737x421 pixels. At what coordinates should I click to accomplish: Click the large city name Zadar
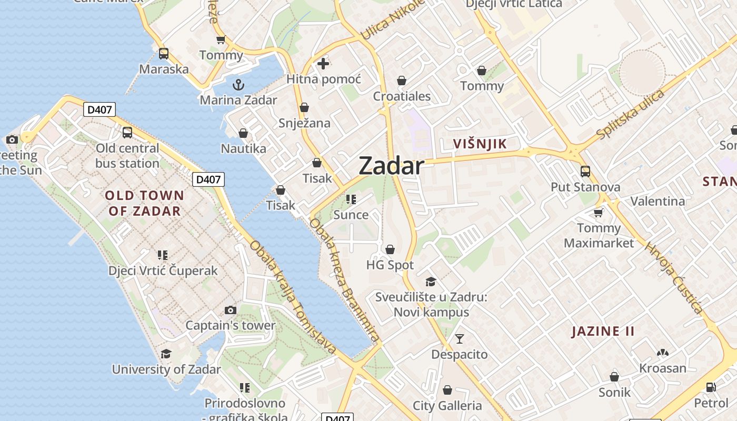pos(391,166)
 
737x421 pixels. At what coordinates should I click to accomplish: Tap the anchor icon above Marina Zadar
pos(238,84)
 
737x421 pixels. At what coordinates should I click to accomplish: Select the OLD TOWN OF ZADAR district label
pos(145,203)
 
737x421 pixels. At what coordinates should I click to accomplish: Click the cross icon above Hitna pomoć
pos(323,64)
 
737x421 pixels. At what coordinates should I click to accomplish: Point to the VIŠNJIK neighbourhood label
pos(480,144)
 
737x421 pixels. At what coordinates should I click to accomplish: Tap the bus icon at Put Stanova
pos(585,171)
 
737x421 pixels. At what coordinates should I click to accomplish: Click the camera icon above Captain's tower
pos(230,310)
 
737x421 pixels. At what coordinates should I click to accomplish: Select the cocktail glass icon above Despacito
pos(460,338)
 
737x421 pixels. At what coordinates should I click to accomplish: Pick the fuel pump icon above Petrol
pos(711,387)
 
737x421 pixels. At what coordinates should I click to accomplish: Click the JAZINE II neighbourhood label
pos(603,331)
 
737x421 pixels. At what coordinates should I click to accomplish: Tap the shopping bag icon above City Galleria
pos(447,390)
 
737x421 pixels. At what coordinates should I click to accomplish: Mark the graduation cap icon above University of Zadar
pos(166,354)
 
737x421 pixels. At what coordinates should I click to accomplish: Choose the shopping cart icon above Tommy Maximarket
pos(598,213)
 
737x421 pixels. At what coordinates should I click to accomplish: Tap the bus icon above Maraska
pos(164,53)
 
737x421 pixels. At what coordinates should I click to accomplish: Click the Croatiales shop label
pos(402,96)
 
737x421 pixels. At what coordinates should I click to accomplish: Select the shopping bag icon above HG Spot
pos(390,249)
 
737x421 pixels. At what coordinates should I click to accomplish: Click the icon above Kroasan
pos(662,353)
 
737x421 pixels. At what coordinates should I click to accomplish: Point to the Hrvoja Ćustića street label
pos(674,278)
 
